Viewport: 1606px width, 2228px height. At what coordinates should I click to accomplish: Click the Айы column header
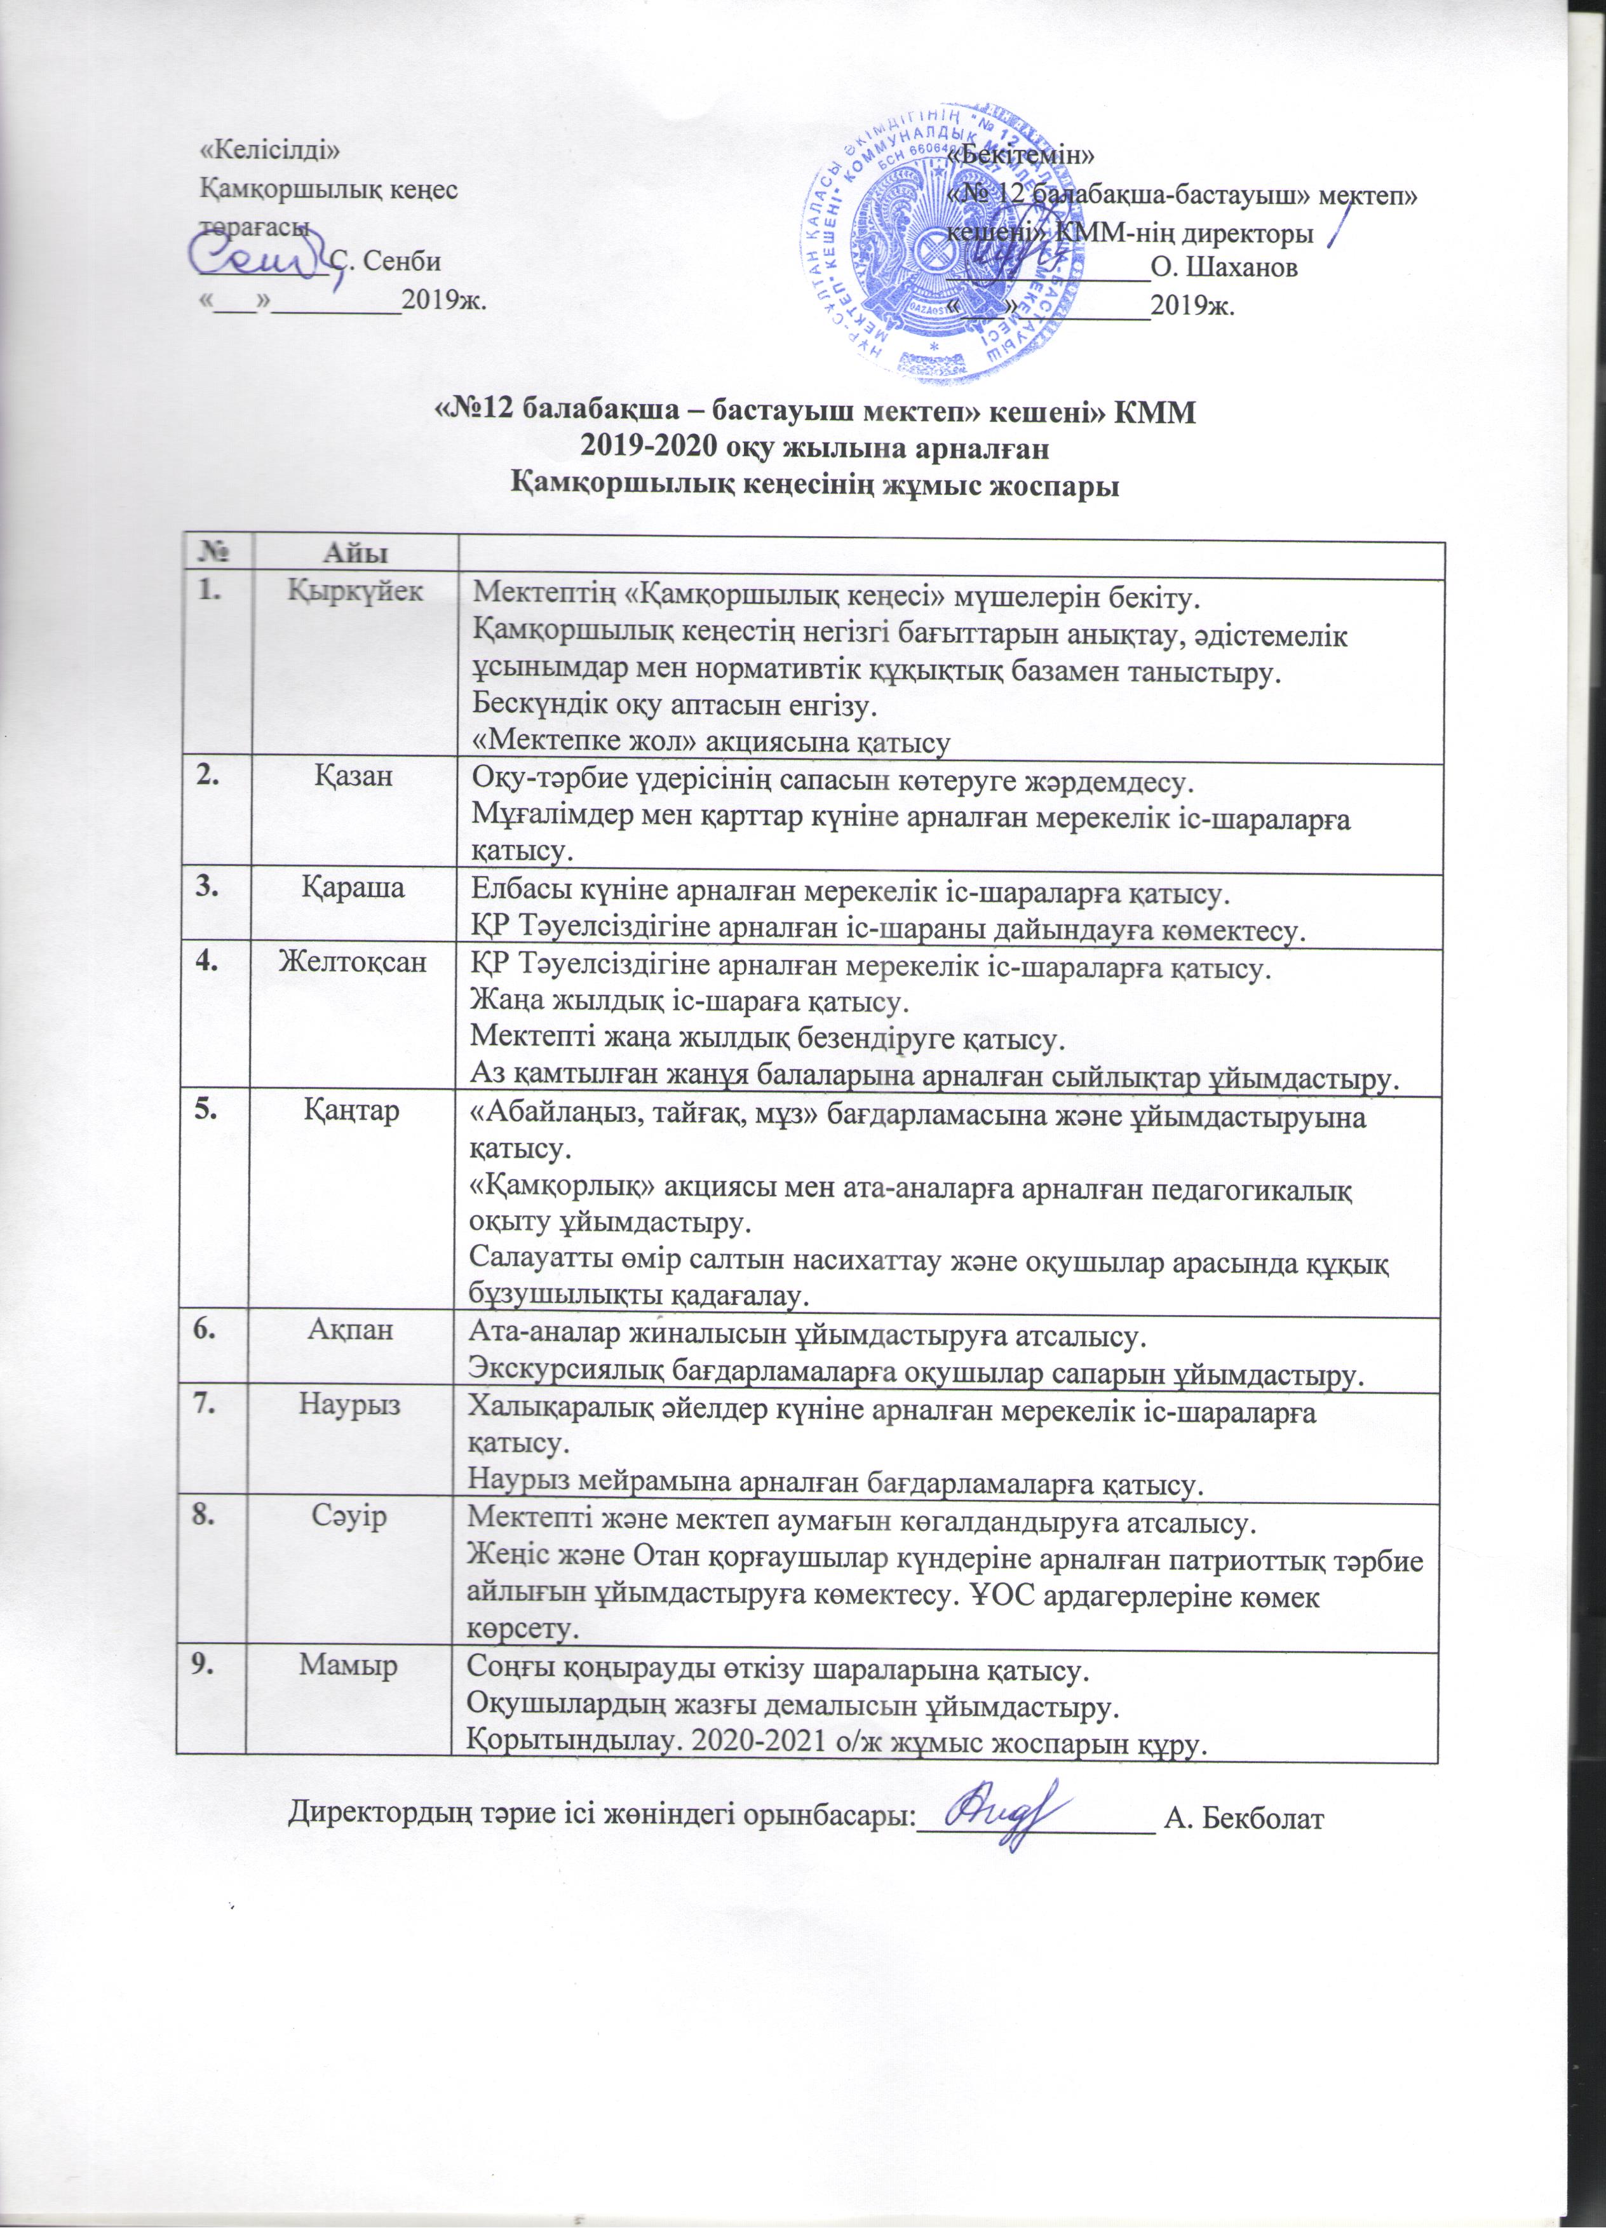[x=356, y=550]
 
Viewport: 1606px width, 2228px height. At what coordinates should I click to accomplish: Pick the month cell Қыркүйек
[x=356, y=591]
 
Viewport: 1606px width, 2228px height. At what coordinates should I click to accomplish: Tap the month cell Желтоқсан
[x=354, y=961]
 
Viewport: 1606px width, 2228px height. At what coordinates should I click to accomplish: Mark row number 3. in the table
[x=207, y=886]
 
